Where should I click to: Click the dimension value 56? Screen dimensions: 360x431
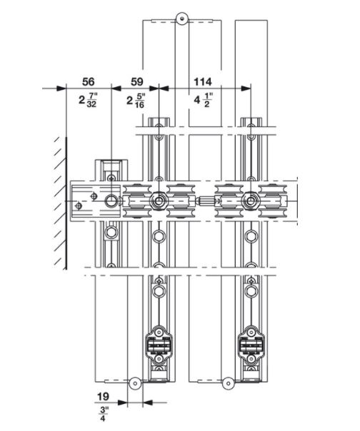click(88, 81)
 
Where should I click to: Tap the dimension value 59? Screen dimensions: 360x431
click(137, 81)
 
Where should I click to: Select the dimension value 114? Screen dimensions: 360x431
click(203, 81)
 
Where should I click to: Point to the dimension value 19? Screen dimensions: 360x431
click(103, 396)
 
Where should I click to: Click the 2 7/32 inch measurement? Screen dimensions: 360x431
click(88, 100)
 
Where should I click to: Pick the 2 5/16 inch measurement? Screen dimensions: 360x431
click(136, 101)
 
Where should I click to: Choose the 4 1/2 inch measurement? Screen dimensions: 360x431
click(204, 100)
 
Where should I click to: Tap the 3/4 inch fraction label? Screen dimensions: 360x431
click(104, 414)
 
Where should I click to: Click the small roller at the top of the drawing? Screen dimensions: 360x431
click(181, 19)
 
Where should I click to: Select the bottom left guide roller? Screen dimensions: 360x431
click(135, 383)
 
